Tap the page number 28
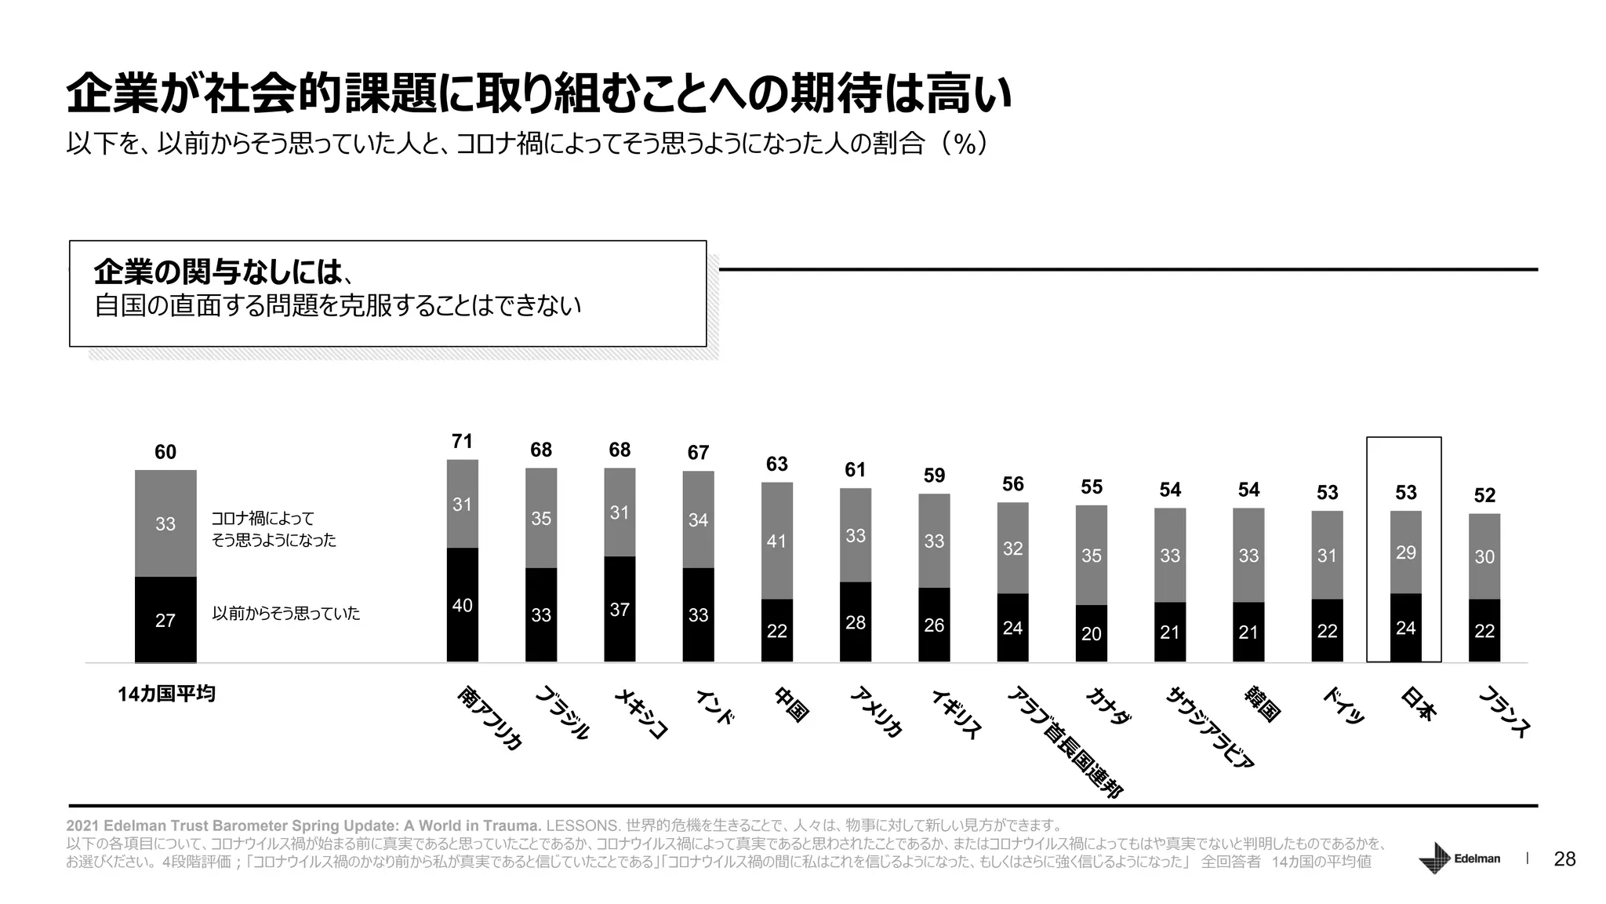pyautogui.click(x=1564, y=859)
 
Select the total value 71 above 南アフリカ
pyautogui.click(x=462, y=441)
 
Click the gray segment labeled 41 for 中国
pyautogui.click(x=776, y=541)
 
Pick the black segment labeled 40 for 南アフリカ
pyautogui.click(x=462, y=605)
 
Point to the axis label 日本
pyautogui.click(x=1418, y=704)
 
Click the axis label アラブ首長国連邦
pyautogui.click(x=1065, y=742)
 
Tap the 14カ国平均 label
pyautogui.click(x=166, y=694)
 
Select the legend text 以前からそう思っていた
pyautogui.click(x=285, y=613)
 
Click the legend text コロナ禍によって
pyautogui.click(x=263, y=519)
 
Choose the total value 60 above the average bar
pyautogui.click(x=165, y=452)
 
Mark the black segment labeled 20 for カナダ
pyautogui.click(x=1091, y=633)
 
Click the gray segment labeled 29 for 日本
pyautogui.click(x=1405, y=552)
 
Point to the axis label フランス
pyautogui.click(x=1504, y=712)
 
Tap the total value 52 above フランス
pyautogui.click(x=1484, y=495)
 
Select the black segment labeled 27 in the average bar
pyautogui.click(x=165, y=620)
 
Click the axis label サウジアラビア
pyautogui.click(x=1211, y=727)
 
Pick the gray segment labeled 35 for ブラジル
pyautogui.click(x=541, y=518)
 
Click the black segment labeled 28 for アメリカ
pyautogui.click(x=856, y=622)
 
